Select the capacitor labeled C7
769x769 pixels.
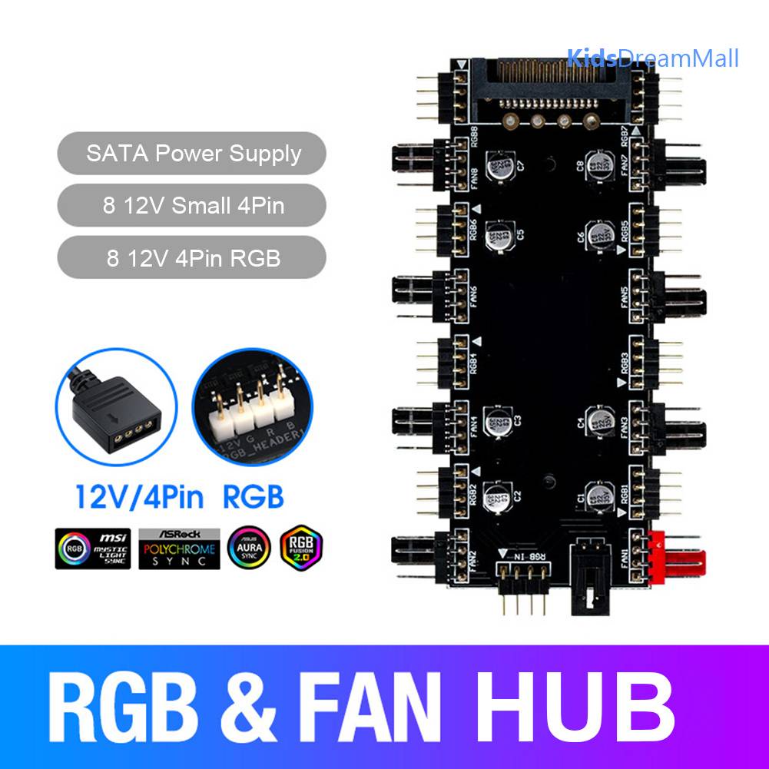(x=499, y=165)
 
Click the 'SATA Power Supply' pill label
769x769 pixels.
(x=193, y=154)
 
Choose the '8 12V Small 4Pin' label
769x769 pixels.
(x=193, y=206)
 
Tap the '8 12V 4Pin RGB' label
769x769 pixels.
(x=193, y=258)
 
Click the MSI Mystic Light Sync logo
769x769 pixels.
(x=93, y=547)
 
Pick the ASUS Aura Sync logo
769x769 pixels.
(x=249, y=547)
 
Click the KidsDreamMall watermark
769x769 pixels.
(x=653, y=58)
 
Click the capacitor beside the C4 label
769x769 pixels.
(x=599, y=419)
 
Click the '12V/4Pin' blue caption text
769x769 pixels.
(x=140, y=497)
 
